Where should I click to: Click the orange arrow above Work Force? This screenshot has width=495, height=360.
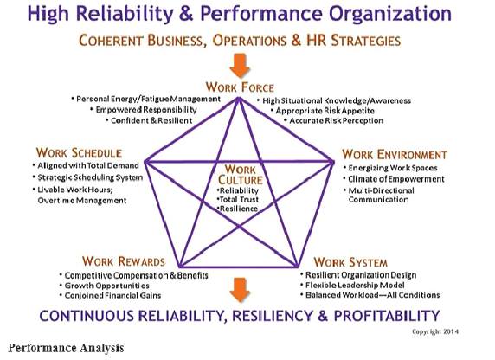pyautogui.click(x=240, y=66)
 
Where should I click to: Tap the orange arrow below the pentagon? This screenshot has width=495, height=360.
pyautogui.click(x=240, y=290)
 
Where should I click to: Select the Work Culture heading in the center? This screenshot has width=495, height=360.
pyautogui.click(x=241, y=175)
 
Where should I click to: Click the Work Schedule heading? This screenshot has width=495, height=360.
pyautogui.click(x=79, y=153)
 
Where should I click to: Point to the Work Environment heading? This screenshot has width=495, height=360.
pyautogui.click(x=395, y=154)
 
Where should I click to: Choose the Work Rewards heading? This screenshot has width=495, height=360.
pyautogui.click(x=124, y=261)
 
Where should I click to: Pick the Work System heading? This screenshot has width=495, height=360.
pyautogui.click(x=350, y=262)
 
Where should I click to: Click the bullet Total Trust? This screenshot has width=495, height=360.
pyautogui.click(x=238, y=200)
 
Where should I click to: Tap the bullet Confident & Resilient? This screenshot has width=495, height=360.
pyautogui.click(x=149, y=120)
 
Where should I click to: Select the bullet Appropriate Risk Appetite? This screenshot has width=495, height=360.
pyautogui.click(x=323, y=111)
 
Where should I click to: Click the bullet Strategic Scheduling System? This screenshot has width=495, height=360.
pyautogui.click(x=87, y=177)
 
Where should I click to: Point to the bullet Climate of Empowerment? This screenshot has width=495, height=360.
pyautogui.click(x=394, y=179)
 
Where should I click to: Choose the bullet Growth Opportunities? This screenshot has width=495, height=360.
pyautogui.click(x=105, y=286)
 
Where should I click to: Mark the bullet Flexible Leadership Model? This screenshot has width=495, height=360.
pyautogui.click(x=352, y=286)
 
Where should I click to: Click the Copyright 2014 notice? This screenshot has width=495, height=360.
pyautogui.click(x=435, y=331)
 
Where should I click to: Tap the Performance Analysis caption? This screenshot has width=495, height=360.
pyautogui.click(x=66, y=348)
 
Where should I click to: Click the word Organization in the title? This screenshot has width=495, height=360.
pyautogui.click(x=390, y=14)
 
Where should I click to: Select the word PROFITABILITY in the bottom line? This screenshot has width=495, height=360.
pyautogui.click(x=387, y=316)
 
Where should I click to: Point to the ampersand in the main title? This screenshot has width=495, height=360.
pyautogui.click(x=187, y=13)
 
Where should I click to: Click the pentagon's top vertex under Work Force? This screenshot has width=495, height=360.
pyautogui.click(x=239, y=99)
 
